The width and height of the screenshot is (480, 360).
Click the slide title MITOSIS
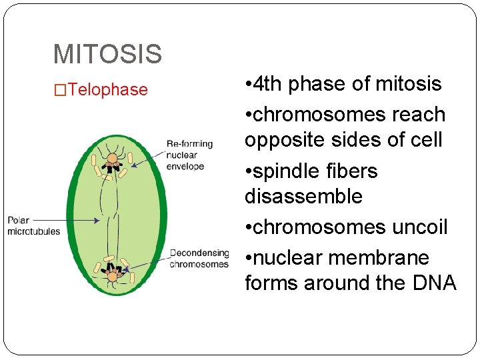click(x=107, y=54)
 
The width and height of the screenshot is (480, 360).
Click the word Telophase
click(x=108, y=90)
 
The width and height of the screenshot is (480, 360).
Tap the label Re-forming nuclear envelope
click(x=189, y=155)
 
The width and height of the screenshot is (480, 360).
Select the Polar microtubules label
click(x=33, y=226)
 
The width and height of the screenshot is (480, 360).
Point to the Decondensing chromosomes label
click(x=199, y=259)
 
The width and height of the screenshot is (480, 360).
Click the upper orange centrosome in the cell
click(x=112, y=159)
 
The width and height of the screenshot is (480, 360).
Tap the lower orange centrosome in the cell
click(x=112, y=275)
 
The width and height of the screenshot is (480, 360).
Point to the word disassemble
click(x=303, y=197)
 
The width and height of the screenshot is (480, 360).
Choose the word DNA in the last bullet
click(x=434, y=283)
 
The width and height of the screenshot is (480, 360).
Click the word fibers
click(x=355, y=171)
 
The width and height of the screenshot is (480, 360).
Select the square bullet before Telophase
click(x=61, y=91)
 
